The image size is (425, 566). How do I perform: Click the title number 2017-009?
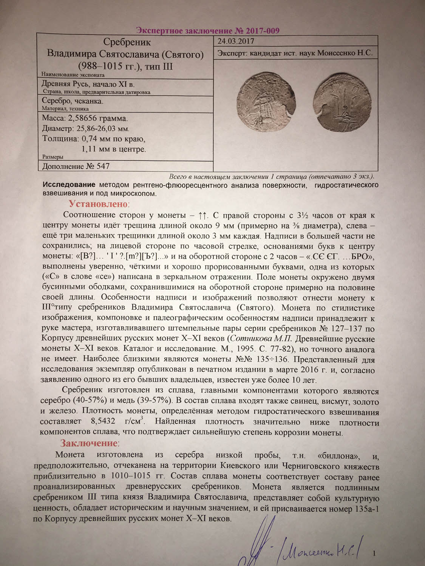262,31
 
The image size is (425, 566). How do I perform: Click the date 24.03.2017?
236,41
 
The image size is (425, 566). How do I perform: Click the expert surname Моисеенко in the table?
336,53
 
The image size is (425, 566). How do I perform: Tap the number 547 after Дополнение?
103,166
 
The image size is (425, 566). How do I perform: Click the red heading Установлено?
98,204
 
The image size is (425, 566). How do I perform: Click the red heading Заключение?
89,443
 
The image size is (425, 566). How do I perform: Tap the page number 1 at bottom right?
374,554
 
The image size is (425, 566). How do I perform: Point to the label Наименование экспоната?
73,75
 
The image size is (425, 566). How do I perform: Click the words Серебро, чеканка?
73,101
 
